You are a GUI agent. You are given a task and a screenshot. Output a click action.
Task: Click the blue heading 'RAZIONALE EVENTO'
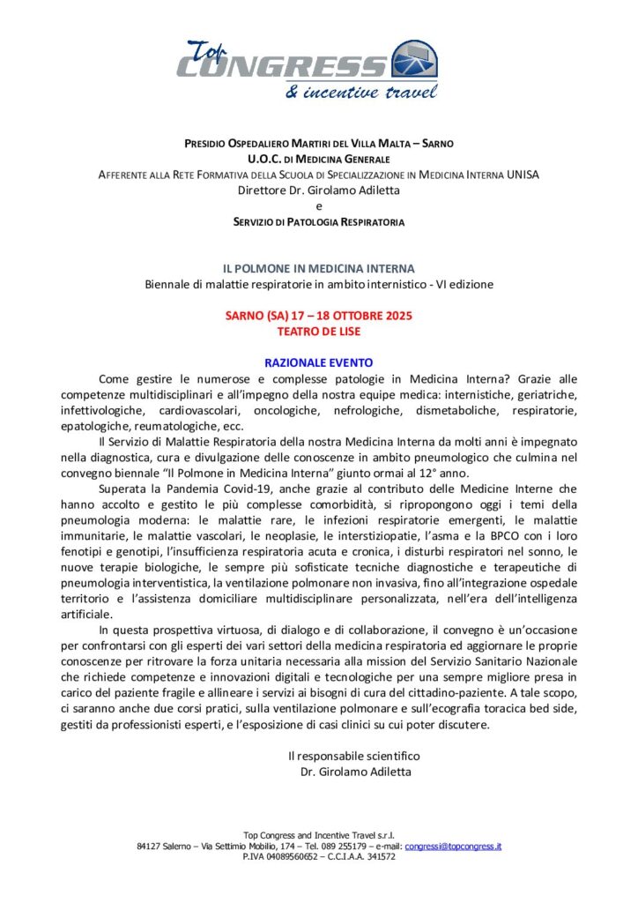[318, 362]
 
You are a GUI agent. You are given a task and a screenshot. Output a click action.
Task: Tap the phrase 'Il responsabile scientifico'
[353, 756]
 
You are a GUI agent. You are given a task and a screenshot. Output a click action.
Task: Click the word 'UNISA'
[523, 174]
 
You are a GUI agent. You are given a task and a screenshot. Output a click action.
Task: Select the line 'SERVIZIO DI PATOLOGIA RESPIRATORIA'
[318, 221]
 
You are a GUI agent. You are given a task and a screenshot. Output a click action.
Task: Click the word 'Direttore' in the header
[261, 190]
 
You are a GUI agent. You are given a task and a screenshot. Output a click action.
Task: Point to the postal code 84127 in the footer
[151, 846]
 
